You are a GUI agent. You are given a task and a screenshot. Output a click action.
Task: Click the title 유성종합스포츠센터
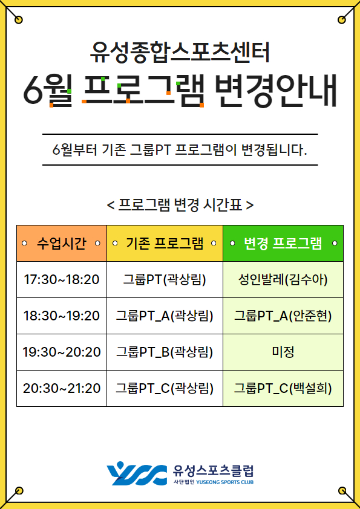(180, 53)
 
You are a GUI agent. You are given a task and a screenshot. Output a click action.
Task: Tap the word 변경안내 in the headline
(275, 91)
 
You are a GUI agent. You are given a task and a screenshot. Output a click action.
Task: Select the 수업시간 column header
(62, 243)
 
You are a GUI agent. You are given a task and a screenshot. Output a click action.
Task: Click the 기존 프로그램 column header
(165, 243)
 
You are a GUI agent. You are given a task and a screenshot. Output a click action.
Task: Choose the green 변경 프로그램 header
(283, 243)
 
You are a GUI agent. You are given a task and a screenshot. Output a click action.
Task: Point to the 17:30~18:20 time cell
(62, 279)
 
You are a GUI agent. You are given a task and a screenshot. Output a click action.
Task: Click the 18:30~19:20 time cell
(62, 316)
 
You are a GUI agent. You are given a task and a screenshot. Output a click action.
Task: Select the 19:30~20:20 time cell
(62, 352)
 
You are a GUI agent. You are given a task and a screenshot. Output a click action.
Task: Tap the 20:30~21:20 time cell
(62, 388)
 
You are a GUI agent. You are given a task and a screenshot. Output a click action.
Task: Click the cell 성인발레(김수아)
(283, 279)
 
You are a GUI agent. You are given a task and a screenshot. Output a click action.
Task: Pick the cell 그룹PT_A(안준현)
(283, 316)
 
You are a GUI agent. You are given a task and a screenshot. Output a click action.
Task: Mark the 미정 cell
(283, 352)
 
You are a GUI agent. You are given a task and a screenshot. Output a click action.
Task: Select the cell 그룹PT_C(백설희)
(283, 388)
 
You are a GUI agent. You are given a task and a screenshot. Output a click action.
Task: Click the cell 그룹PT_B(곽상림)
(165, 352)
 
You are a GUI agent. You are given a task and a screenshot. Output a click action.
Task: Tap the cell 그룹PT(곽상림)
(165, 279)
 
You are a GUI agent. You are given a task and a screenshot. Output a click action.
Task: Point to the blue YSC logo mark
(137, 473)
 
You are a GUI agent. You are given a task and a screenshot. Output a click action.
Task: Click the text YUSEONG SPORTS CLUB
(225, 482)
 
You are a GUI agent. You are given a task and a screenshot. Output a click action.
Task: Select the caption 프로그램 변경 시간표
(180, 205)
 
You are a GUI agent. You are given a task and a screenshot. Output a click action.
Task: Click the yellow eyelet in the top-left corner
(19, 20)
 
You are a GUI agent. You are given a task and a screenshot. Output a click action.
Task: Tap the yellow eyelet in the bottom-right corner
(342, 490)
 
